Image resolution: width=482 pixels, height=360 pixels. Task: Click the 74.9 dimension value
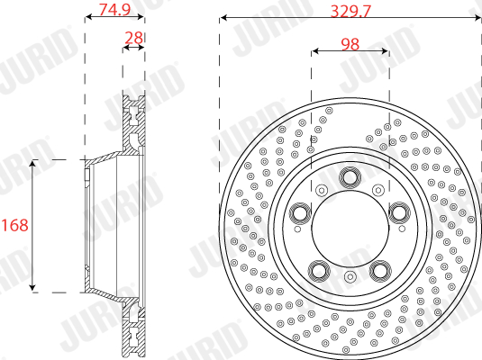coord(114,9)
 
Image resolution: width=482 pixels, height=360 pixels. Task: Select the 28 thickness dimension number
coord(133,38)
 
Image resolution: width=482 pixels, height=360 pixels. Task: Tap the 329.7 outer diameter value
coord(350,12)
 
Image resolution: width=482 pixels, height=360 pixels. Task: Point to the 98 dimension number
coord(350,44)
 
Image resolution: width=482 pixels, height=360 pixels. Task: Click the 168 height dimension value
coord(14,225)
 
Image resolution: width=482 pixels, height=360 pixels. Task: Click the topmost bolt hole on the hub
coord(350,177)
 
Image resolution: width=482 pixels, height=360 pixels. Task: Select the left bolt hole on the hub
coord(300,212)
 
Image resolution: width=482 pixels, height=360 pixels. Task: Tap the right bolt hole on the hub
coord(399,212)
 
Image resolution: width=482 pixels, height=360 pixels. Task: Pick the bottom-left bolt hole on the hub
coord(319,271)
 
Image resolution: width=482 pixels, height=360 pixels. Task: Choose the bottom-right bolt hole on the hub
coord(380,271)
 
